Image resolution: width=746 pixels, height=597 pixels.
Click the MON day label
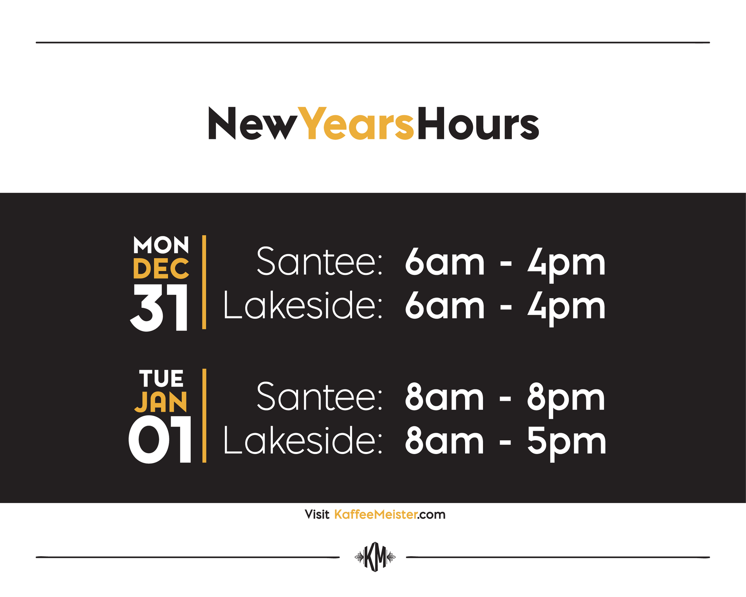coord(161,245)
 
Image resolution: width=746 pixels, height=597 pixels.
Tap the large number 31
coord(159,308)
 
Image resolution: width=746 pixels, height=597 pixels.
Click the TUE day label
coord(161,378)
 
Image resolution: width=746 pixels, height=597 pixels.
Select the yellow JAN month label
coord(161,402)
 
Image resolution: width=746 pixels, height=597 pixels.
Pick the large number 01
coord(160,439)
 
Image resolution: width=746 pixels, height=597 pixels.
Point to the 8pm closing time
coord(566,399)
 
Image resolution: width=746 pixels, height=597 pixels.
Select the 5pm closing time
coord(566,443)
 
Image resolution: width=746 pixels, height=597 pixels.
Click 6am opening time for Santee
coord(444,262)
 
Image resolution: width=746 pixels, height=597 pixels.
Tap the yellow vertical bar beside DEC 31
coord(204,282)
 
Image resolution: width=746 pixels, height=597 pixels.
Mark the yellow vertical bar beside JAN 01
coord(204,415)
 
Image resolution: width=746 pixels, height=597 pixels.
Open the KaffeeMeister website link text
coord(390,515)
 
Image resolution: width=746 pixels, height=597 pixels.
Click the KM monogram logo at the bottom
coord(375,557)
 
